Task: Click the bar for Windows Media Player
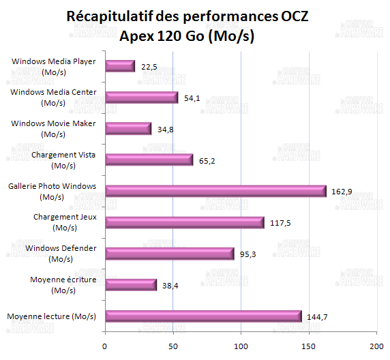pyautogui.click(x=120, y=66)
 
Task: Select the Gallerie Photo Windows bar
pyautogui.click(x=215, y=192)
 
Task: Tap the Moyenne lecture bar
pyautogui.click(x=202, y=316)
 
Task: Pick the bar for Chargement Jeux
pyautogui.click(x=184, y=222)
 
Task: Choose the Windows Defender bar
pyautogui.click(x=169, y=254)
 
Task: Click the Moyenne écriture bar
pyautogui.click(x=131, y=285)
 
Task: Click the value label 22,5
pyautogui.click(x=149, y=67)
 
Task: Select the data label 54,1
pyautogui.click(x=192, y=98)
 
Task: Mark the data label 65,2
pyautogui.click(x=207, y=161)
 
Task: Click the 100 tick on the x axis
pyautogui.click(x=241, y=346)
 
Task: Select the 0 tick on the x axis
pyautogui.click(x=104, y=346)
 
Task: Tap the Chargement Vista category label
pyautogui.click(x=63, y=160)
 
